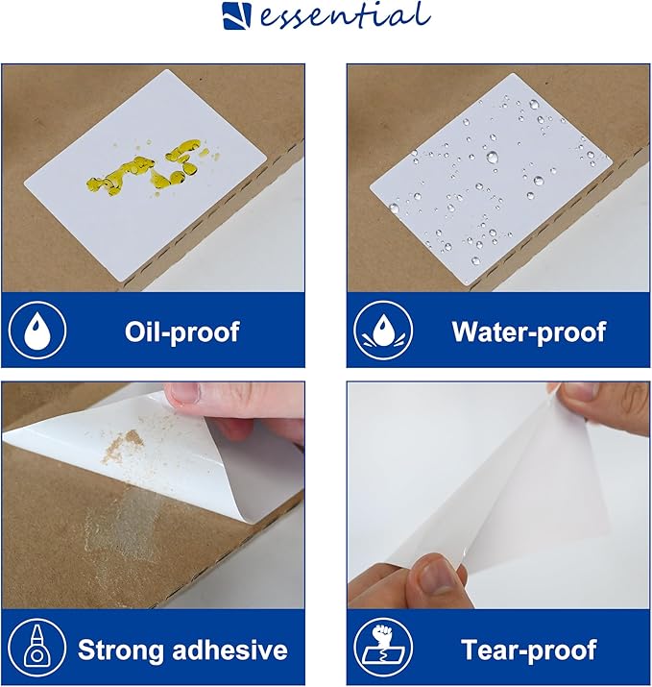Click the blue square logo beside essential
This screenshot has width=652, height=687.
pyautogui.click(x=237, y=16)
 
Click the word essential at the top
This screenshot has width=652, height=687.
pyautogui.click(x=344, y=15)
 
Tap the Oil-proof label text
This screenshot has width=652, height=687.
pyautogui.click(x=181, y=331)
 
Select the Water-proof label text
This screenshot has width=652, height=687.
pyautogui.click(x=528, y=331)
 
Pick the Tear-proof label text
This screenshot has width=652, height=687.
pyautogui.click(x=528, y=650)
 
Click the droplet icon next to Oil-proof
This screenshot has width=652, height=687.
pyautogui.click(x=37, y=330)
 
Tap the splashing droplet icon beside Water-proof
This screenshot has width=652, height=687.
pyautogui.click(x=383, y=330)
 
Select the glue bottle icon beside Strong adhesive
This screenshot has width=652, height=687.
pyautogui.click(x=37, y=648)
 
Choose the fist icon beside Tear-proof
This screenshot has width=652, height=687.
pyautogui.click(x=383, y=648)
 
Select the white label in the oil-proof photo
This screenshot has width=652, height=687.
pyautogui.click(x=144, y=175)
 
